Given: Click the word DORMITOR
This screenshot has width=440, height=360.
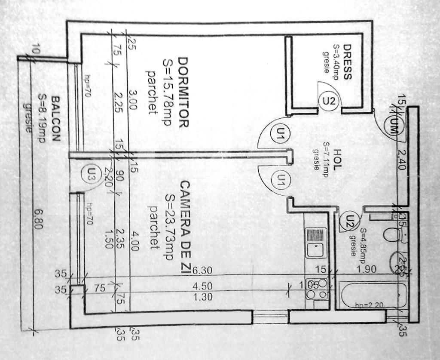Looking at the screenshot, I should [x=183, y=92].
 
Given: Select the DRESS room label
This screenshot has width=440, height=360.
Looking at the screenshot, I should [x=347, y=62].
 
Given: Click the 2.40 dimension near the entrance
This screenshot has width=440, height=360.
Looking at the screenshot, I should [x=401, y=160].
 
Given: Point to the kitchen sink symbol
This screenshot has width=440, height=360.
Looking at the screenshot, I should [x=316, y=243].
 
